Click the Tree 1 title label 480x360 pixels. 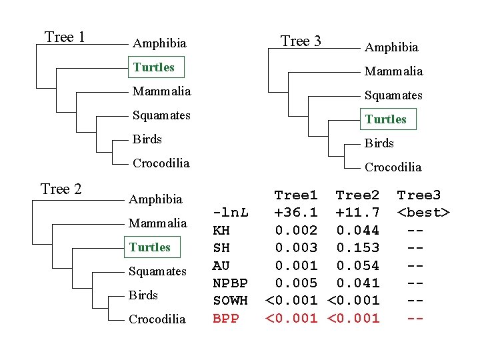pyautogui.click(x=65, y=37)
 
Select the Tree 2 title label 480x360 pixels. pyautogui.click(x=61, y=189)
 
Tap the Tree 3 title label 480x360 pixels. pyautogui.click(x=301, y=41)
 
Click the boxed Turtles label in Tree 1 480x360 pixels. pyautogui.click(x=154, y=67)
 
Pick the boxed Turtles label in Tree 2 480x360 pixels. pyautogui.click(x=150, y=247)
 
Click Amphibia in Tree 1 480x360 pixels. pyautogui.click(x=159, y=43)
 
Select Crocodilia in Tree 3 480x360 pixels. pyautogui.click(x=393, y=167)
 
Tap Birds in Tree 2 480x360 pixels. pyautogui.click(x=143, y=295)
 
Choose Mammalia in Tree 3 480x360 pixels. pyautogui.click(x=393, y=71)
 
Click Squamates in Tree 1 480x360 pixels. pyautogui.click(x=161, y=115)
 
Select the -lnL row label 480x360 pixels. pyautogui.click(x=231, y=213)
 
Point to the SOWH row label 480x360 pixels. pyautogui.click(x=230, y=301)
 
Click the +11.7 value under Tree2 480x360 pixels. pyautogui.click(x=357, y=213)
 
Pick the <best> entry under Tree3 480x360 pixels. pyautogui.click(x=423, y=213)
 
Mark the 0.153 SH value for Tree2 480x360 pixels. pyautogui.click(x=357, y=248)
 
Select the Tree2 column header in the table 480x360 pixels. pyautogui.click(x=357, y=195)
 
